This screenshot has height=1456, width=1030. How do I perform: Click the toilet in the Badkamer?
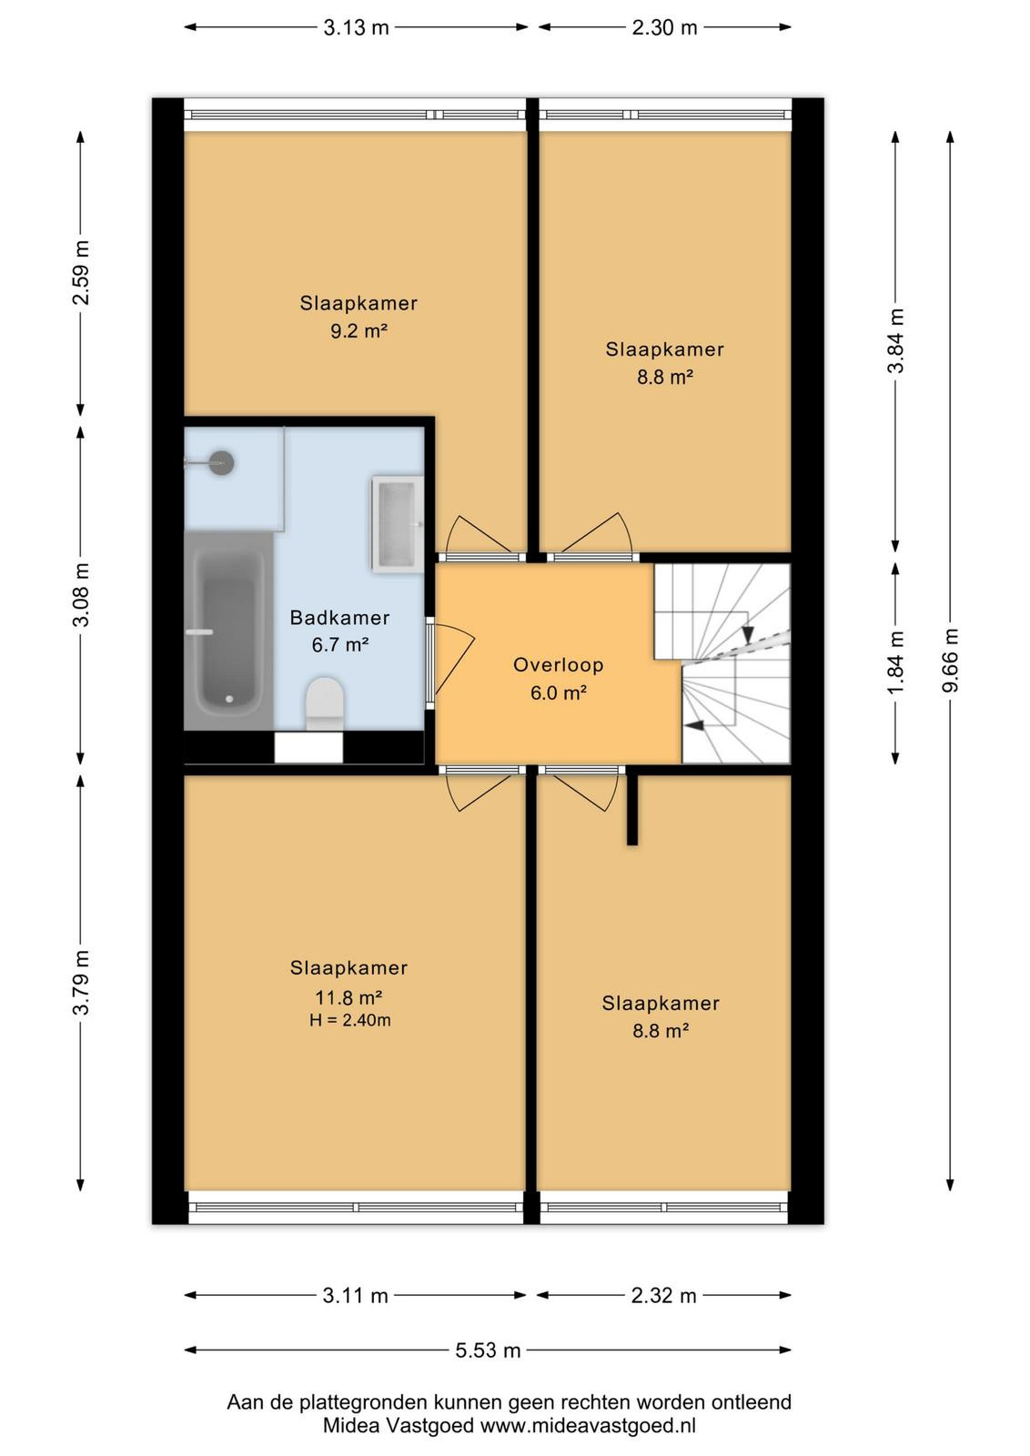pos(324,704)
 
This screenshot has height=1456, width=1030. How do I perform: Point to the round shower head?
pos(222,463)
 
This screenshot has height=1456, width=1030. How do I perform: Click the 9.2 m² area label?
pos(358,331)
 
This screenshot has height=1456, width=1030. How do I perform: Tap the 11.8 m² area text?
pos(349,996)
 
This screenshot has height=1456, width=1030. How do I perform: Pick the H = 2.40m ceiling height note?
pos(349,1020)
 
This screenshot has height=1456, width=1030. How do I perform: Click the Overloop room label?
pos(558,665)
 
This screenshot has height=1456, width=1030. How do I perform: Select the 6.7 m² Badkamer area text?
pos(340,645)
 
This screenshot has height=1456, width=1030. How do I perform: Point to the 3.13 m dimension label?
pos(356,27)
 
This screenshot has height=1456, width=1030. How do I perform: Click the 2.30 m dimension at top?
pos(664,27)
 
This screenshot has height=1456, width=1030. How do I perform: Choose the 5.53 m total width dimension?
pos(488,1350)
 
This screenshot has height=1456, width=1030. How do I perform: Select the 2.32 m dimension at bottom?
pos(663,1296)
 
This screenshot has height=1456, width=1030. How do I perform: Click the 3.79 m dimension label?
pos(81,982)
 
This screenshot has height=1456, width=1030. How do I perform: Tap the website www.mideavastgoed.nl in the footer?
pos(588,1426)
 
